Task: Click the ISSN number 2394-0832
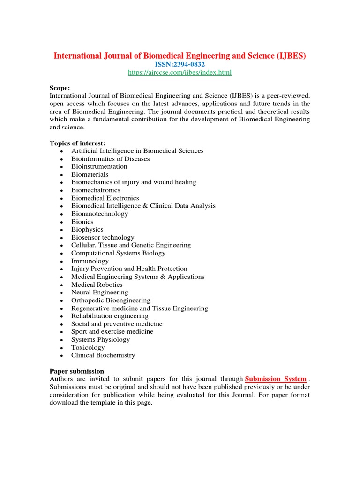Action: pos(180,64)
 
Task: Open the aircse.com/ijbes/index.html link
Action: pos(180,72)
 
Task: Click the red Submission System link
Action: pos(276,379)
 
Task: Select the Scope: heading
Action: pos(60,88)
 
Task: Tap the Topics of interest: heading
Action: pos(77,143)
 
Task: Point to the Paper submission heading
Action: pos(77,371)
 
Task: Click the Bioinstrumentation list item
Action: pos(99,166)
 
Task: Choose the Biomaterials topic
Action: pos(90,174)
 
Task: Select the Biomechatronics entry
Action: pos(96,190)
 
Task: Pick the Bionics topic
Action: pos(82,222)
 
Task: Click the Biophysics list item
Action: pos(87,229)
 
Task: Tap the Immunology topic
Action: pos(90,261)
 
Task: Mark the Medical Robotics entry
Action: pos(97,285)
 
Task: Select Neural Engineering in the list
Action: pos(99,292)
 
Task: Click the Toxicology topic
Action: pos(88,347)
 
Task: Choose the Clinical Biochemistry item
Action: pos(103,355)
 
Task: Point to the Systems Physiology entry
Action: pos(100,339)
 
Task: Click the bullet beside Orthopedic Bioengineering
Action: pos(62,300)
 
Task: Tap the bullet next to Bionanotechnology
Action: pos(62,214)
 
